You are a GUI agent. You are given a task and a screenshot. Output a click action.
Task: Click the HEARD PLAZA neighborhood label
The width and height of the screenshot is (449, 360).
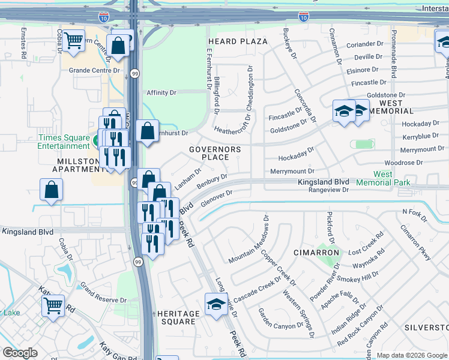point(237,41)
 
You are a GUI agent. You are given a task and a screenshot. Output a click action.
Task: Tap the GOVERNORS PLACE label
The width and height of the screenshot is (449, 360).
point(215,153)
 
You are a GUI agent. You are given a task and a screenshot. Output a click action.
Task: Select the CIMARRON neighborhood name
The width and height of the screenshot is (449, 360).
point(316,253)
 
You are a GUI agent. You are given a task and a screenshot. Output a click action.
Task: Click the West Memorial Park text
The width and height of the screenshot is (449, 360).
point(382,178)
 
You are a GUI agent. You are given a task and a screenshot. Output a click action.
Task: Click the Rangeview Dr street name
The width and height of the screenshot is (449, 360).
point(328,190)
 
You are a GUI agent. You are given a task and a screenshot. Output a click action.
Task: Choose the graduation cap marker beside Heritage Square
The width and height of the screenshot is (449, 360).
point(216,305)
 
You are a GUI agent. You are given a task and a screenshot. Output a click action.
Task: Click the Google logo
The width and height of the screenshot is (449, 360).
point(20,353)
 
